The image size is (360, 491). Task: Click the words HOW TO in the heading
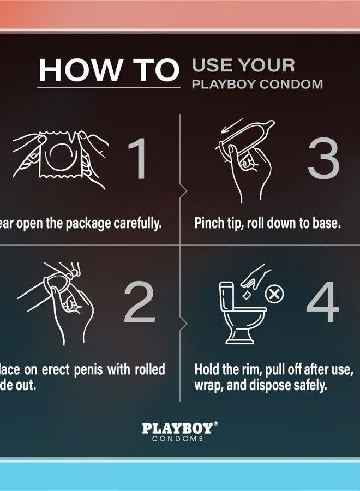pyautogui.click(x=109, y=70)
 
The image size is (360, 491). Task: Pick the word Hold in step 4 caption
pyautogui.click(x=207, y=369)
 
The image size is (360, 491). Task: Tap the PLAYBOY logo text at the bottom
pyautogui.click(x=177, y=428)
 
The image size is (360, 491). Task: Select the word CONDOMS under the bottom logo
pyautogui.click(x=178, y=439)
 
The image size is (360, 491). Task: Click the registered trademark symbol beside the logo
pyautogui.click(x=215, y=424)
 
